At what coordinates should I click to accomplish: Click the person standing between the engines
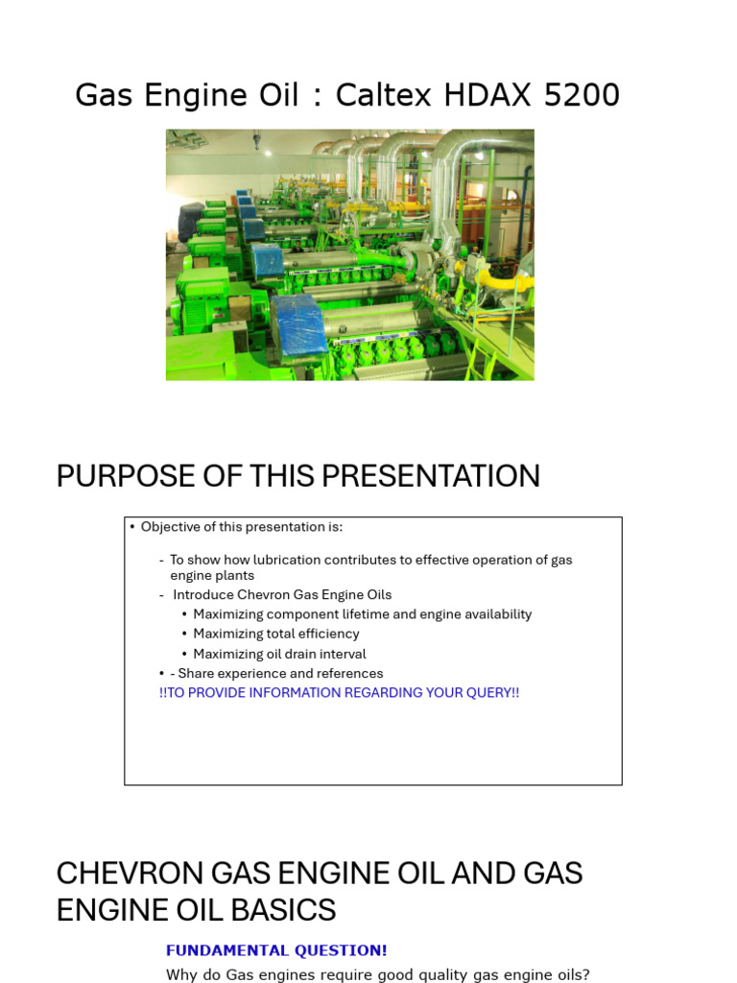[296, 247]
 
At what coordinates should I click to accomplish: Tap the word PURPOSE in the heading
[120, 476]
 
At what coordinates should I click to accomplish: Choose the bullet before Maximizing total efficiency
[184, 634]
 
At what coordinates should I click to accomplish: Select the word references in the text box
[347, 673]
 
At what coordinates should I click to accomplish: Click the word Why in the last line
[180, 974]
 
